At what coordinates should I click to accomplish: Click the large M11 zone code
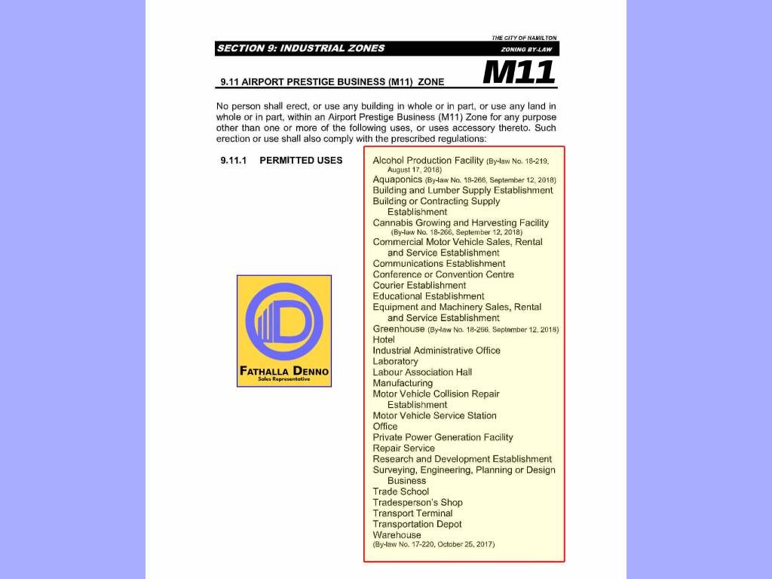tap(519, 72)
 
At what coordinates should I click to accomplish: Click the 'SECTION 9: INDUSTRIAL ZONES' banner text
tap(300, 48)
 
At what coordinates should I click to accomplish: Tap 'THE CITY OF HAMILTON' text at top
tap(524, 38)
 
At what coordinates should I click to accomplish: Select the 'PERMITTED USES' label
tap(301, 161)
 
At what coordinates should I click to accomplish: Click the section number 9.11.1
tap(234, 161)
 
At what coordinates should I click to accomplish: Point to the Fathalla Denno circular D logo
tap(284, 322)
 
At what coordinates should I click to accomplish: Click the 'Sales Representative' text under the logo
tap(284, 379)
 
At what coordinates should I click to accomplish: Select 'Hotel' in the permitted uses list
tap(384, 340)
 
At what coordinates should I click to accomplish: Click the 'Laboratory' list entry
tap(395, 361)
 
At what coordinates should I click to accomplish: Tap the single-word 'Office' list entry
tap(385, 427)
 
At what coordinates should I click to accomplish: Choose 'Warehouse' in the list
tap(397, 535)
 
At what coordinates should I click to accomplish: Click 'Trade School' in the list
tap(400, 492)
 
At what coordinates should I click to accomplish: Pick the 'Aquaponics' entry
tap(397, 180)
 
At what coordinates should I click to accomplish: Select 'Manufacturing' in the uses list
tap(403, 383)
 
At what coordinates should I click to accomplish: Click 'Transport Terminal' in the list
tap(412, 513)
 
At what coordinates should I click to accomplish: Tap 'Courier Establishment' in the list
tap(419, 286)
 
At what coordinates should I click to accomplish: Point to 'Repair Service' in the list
tap(403, 448)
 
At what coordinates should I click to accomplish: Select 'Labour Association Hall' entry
tap(422, 372)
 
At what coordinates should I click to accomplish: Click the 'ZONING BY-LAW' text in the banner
tap(527, 50)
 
